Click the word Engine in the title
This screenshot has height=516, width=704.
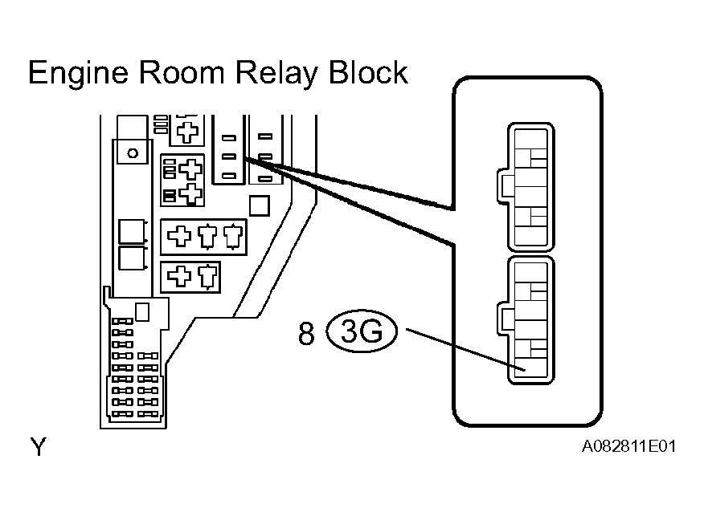pos(76,74)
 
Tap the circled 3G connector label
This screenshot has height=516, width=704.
pos(362,332)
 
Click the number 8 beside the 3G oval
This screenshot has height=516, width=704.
pos(306,334)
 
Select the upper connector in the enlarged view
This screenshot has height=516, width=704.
pos(529,187)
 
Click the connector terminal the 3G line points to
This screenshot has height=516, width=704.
pos(522,368)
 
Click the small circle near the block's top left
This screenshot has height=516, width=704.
pos(133,152)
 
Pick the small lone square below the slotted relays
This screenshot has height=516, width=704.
pos(259,206)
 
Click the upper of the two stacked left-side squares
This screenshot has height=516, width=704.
pos(131,231)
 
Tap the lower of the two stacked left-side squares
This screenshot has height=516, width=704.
pos(131,258)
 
